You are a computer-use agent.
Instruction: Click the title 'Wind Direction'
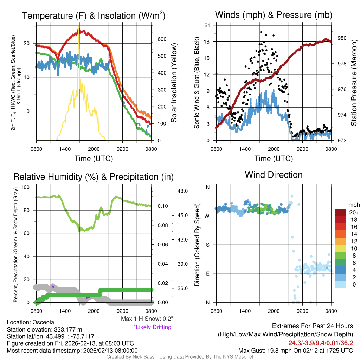pos(274,175)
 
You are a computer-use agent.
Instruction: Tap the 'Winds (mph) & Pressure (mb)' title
pos(274,15)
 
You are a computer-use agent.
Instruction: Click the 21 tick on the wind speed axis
pos(207,25)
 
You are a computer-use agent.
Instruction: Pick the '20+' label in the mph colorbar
pos(353,212)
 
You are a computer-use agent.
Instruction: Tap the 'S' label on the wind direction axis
pos(207,245)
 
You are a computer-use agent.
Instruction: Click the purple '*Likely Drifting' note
pos(152,327)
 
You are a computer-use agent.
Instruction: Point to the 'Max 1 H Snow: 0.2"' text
pos(147,319)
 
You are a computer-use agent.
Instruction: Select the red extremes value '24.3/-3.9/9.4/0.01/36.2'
pos(321,343)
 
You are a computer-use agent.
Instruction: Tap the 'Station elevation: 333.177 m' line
pos(44,329)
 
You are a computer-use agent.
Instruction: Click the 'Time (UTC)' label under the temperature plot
pos(94,159)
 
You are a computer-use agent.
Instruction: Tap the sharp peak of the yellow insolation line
pos(79,28)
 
